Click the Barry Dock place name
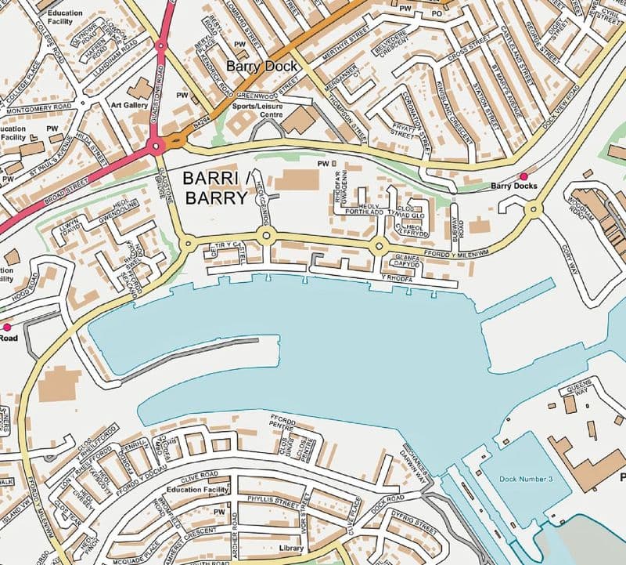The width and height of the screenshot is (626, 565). [x=261, y=66]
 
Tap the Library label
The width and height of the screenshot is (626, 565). [x=291, y=549]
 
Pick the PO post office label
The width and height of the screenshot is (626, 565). [x=437, y=13]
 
